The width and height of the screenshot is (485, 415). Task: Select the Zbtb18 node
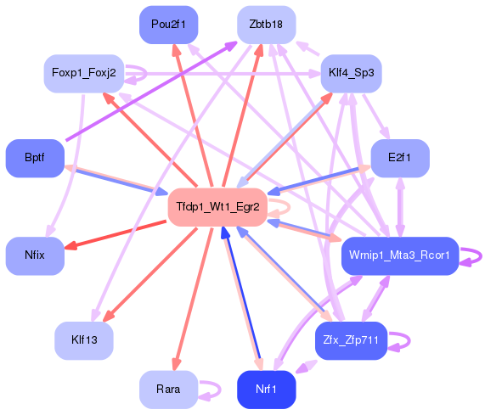[x=266, y=25]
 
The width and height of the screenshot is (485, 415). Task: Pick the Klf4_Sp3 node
[x=350, y=74]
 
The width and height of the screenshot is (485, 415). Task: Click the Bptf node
[x=35, y=159]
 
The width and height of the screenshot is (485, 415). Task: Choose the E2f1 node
[x=399, y=159]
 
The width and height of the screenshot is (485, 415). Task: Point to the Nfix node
[x=35, y=255]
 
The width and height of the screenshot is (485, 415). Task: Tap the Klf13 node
[x=84, y=340]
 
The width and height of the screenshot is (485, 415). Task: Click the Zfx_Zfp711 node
[x=350, y=340]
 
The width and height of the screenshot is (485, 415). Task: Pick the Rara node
[x=167, y=390]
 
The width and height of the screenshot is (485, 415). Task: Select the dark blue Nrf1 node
[x=266, y=390]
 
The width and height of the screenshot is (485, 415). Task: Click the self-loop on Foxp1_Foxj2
[x=144, y=74]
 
